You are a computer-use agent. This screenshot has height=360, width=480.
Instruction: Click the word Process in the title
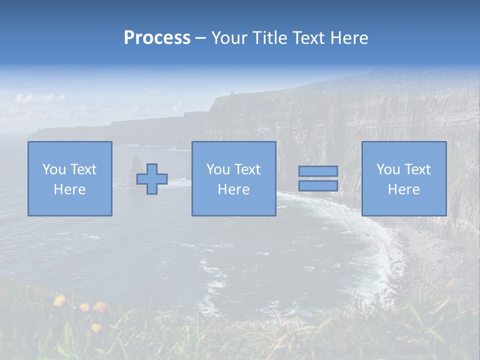click(157, 38)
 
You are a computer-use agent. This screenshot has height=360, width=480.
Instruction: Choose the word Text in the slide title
click(305, 38)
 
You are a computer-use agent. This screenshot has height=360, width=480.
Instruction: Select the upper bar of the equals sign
click(318, 171)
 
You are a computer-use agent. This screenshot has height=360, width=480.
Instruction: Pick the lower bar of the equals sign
click(318, 185)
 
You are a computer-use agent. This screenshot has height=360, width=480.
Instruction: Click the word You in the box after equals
click(388, 169)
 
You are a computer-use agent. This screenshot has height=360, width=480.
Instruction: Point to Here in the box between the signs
click(233, 189)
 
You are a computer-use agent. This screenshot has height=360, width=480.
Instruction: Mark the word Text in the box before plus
click(83, 169)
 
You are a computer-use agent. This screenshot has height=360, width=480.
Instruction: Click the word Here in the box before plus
click(70, 189)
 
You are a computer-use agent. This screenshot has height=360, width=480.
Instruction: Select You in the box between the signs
click(218, 169)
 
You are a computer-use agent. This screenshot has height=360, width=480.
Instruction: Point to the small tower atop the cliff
click(231, 93)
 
